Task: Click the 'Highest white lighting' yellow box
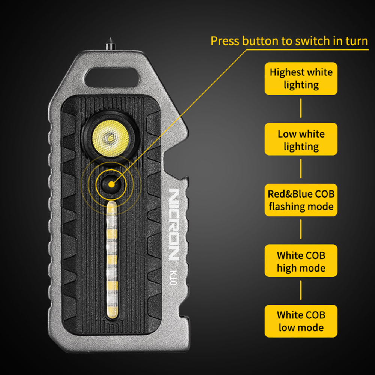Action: pos(301,79)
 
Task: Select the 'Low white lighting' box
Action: pos(301,139)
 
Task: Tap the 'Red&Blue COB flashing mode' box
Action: pos(301,200)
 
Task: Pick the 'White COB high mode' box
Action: pos(301,261)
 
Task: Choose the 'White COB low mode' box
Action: pos(301,321)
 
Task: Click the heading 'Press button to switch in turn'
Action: pos(289,41)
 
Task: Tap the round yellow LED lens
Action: pos(111,138)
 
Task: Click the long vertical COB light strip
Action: pos(112,260)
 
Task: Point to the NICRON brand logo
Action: pos(174,224)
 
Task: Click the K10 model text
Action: pos(173,277)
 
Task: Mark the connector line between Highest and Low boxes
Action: pos(301,108)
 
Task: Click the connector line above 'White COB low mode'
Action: pos(301,290)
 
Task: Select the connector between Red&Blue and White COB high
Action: pos(301,229)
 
